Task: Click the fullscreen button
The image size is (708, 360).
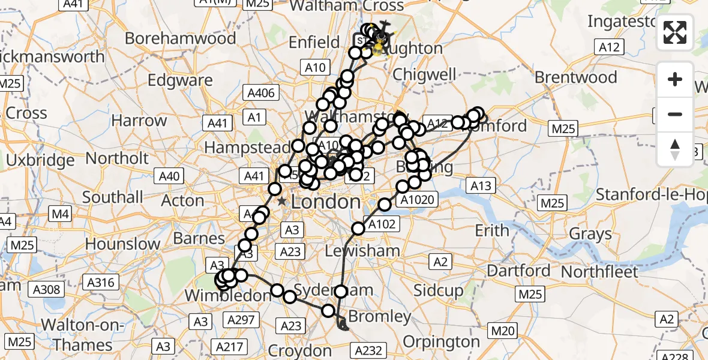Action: [675, 32]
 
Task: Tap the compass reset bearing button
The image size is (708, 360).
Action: [675, 149]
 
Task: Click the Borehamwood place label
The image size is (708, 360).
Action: [180, 38]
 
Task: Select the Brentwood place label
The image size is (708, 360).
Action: [575, 77]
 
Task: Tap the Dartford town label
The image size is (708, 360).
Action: [518, 271]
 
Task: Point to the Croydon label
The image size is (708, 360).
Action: [299, 350]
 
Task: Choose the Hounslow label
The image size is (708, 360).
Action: [122, 244]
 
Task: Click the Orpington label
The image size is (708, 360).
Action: [442, 341]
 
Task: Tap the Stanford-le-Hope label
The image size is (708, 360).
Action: [651, 194]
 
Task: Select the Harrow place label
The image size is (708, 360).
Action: [139, 121]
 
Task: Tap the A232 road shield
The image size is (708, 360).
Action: [369, 350]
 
